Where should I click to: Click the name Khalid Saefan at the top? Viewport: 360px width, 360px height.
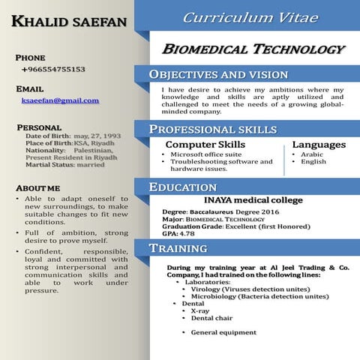tap(69, 24)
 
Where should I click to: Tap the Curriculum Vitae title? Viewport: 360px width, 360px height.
tap(250, 17)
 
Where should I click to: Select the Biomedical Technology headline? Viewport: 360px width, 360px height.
tap(253, 49)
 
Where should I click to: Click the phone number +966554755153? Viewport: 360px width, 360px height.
tap(53, 69)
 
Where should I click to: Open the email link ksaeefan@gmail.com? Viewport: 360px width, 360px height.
tap(60, 100)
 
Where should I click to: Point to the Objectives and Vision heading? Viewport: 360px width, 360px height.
tap(218, 74)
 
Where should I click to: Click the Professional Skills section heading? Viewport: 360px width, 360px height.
tap(213, 130)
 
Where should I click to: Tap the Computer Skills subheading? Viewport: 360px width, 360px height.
tap(205, 144)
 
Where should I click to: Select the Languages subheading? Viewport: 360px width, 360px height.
tap(319, 144)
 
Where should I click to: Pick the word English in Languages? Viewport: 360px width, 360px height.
tap(313, 161)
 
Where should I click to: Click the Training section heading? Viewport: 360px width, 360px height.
tap(178, 248)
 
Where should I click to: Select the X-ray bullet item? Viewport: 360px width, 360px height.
tap(199, 310)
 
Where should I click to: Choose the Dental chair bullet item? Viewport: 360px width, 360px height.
tap(211, 318)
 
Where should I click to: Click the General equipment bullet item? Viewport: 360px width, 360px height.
tap(223, 332)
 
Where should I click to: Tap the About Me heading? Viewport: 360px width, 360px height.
tap(37, 187)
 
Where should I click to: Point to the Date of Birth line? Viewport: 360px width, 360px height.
tap(68, 135)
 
